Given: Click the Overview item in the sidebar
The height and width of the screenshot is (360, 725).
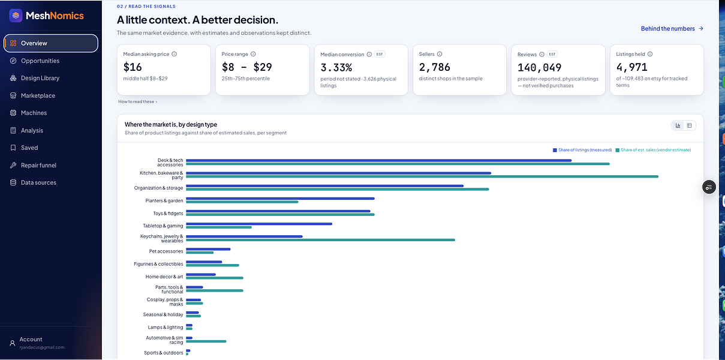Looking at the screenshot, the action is pyautogui.click(x=51, y=43).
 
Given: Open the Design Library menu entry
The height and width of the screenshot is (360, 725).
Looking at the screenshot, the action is pyautogui.click(x=40, y=78).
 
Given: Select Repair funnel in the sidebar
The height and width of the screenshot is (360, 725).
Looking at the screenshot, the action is pyautogui.click(x=38, y=165).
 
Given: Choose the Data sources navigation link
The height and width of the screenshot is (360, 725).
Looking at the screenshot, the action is pyautogui.click(x=38, y=182).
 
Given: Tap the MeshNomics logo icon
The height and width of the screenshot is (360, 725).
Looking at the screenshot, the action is pyautogui.click(x=16, y=16).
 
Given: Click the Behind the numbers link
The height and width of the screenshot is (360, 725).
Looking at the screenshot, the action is pyautogui.click(x=672, y=28).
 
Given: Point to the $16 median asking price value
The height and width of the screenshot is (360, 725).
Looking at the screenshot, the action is pyautogui.click(x=133, y=67).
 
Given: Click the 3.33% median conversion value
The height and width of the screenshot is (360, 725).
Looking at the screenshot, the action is pyautogui.click(x=336, y=67).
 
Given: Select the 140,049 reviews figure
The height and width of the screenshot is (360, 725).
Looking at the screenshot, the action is pyautogui.click(x=539, y=67).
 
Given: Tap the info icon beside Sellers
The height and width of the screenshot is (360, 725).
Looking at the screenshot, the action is pyautogui.click(x=440, y=54).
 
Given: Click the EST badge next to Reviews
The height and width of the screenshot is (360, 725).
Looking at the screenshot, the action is pyautogui.click(x=552, y=54).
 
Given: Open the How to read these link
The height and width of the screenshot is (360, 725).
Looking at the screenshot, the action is pyautogui.click(x=137, y=101).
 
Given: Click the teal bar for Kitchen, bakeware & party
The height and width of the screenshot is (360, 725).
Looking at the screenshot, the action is pyautogui.click(x=422, y=177).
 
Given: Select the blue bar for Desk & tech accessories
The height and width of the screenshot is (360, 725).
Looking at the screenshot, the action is pyautogui.click(x=378, y=160).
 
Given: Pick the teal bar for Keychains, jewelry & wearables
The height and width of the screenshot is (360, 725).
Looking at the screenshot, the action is pyautogui.click(x=320, y=240).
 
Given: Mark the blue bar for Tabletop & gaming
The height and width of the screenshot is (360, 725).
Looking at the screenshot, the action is pyautogui.click(x=259, y=224).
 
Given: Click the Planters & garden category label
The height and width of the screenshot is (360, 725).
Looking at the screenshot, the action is pyautogui.click(x=164, y=201).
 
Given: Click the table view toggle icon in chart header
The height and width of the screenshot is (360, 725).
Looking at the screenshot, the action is pyautogui.click(x=690, y=125).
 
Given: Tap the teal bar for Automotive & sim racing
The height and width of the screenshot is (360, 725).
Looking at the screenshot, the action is pyautogui.click(x=206, y=341).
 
